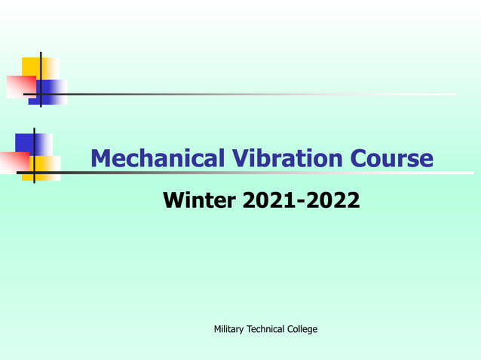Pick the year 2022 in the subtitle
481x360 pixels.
pos(330,201)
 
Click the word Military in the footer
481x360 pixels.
pos(229,329)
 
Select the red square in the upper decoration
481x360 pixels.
pos(19,86)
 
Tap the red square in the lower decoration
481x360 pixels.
pos(14,162)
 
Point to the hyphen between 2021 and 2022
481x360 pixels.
pos(299,203)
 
